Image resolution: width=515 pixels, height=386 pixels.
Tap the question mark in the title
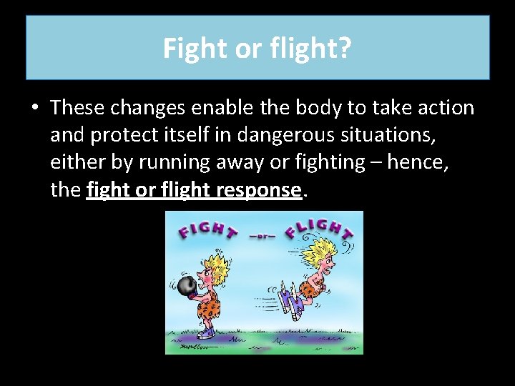345,49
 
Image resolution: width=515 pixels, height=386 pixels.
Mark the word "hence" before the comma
423,162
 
